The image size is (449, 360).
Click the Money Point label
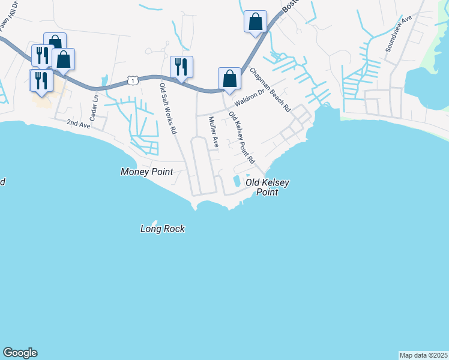tap(146, 172)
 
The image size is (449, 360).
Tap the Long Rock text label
tap(162, 229)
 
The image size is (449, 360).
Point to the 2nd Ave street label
tap(78, 123)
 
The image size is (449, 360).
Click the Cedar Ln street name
tap(94, 106)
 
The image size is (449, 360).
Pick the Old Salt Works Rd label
tap(167, 109)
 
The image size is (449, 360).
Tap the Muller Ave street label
tap(212, 133)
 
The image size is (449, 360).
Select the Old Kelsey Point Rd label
tap(242, 140)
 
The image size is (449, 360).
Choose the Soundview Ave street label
tap(399, 34)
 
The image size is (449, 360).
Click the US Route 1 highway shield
tap(132, 79)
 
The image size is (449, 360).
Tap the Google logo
tap(20, 353)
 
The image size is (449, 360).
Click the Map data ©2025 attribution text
tap(424, 355)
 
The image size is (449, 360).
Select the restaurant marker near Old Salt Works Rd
tap(181, 67)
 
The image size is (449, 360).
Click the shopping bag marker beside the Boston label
tap(255, 22)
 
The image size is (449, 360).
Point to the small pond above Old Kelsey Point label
tap(237, 181)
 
